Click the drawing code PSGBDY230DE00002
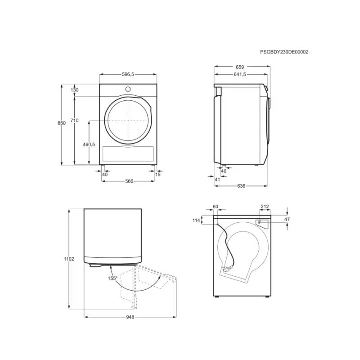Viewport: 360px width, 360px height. click(x=284, y=52)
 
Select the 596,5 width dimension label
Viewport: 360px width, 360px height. click(x=128, y=74)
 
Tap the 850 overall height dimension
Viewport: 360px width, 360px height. click(x=62, y=123)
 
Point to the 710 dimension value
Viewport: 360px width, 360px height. click(x=74, y=120)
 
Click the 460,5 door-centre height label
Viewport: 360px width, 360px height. click(x=89, y=144)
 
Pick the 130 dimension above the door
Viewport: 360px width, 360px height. click(x=75, y=90)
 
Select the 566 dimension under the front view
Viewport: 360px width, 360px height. click(x=129, y=181)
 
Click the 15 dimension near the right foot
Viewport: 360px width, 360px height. click(x=158, y=175)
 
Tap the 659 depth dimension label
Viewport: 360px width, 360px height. click(x=240, y=67)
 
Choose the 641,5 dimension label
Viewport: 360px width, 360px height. click(x=240, y=74)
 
